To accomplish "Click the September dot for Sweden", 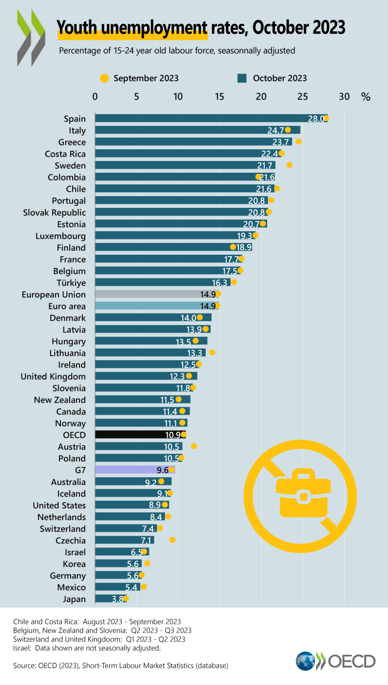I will (290, 165).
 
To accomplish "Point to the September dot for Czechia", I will (172, 540).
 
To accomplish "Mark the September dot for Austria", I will (194, 446).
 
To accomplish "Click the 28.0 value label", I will (316, 119).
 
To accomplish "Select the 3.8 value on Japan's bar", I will (117, 599).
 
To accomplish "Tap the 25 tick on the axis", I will (303, 97).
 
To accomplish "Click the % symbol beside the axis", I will (366, 97).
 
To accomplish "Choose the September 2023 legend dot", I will (104, 78).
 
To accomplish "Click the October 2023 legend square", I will (241, 78).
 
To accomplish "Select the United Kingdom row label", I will (53, 376).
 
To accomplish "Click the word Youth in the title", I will (77, 27).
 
